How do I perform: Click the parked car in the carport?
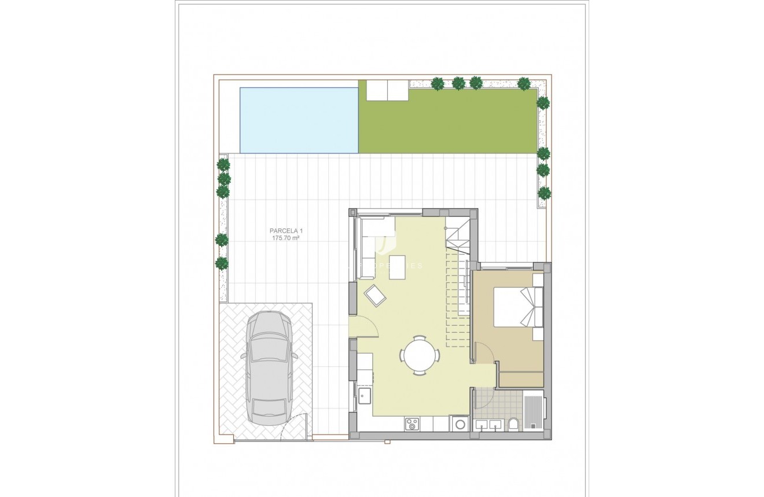[269, 367]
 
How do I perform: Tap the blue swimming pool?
[299, 120]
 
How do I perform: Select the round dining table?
[419, 355]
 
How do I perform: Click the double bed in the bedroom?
[517, 307]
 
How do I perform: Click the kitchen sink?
[365, 396]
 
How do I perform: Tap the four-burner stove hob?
[412, 424]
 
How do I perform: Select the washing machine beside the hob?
[460, 424]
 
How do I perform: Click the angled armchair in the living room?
[375, 296]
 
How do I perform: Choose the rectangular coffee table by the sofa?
[397, 267]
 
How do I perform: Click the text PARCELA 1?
[286, 231]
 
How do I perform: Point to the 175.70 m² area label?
[286, 238]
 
